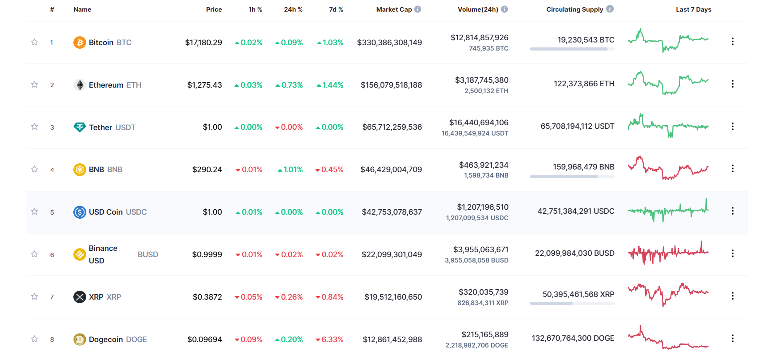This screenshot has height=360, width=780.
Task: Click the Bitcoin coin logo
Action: pos(80,42)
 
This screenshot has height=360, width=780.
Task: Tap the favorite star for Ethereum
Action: pos(34,85)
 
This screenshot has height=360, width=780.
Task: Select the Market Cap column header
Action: pos(394,9)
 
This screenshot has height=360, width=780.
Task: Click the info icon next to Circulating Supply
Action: pos(610,9)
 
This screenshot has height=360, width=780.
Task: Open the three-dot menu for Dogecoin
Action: pos(733,339)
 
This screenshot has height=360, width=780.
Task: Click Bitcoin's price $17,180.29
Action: pos(203,42)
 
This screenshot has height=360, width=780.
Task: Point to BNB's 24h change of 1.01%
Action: pos(290,169)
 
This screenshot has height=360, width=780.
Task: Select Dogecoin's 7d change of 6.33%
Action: pos(329,339)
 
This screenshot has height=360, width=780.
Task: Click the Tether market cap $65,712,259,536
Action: pos(392,127)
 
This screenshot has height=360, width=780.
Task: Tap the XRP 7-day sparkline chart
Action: pos(668,294)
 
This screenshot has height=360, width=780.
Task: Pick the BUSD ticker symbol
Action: pos(148,254)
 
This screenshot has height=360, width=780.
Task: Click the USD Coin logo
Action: pos(80,212)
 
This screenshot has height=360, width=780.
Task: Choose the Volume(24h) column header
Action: pos(478,9)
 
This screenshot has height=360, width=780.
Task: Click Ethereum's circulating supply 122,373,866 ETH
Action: pos(584,84)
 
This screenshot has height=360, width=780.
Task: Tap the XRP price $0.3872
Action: pos(207,297)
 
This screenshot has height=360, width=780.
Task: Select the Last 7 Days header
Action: pos(693,9)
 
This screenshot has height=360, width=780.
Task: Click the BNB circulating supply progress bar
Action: pos(572,177)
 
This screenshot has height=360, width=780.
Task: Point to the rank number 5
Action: pos(52,212)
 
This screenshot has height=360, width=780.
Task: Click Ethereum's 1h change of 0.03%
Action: pos(249,85)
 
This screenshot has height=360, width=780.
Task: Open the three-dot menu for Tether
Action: pos(733,127)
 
